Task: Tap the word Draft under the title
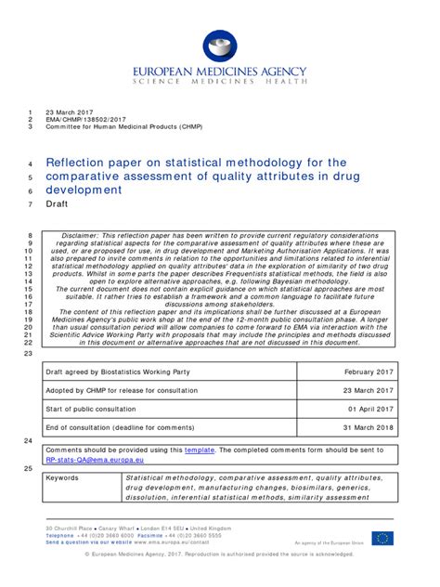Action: pos(57,205)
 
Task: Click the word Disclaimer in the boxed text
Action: pos(80,236)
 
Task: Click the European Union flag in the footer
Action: pos(382,539)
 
